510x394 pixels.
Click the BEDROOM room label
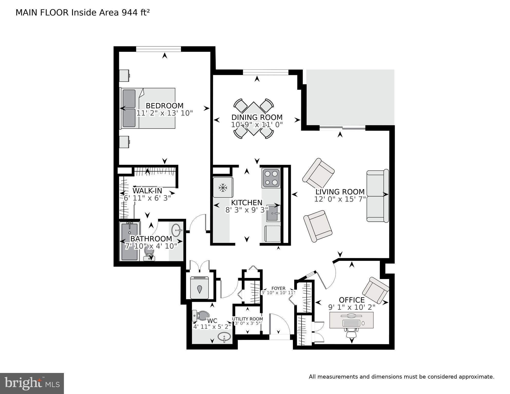[165, 106]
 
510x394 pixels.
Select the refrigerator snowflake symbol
[223, 188]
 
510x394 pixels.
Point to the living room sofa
[377, 196]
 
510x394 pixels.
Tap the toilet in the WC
[201, 315]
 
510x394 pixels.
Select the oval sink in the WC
[224, 337]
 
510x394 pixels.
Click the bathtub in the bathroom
[130, 241]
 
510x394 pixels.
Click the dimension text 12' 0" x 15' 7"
[340, 199]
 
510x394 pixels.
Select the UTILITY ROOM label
[247, 319]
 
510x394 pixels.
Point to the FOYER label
[278, 288]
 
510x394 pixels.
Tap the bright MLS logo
[32, 383]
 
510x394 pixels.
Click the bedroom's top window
[158, 49]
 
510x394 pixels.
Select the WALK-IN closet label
[147, 191]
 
